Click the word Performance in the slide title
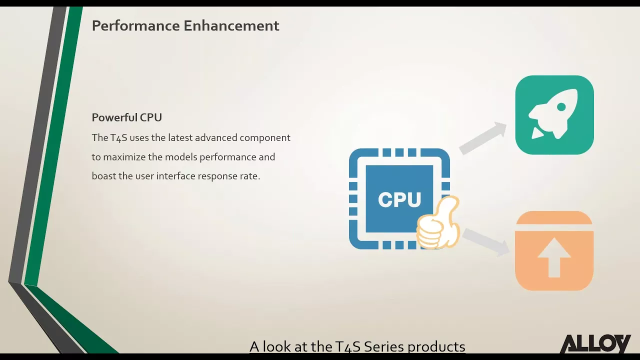(135, 25)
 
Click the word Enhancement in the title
(231, 25)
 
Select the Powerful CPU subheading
(127, 117)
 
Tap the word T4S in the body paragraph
(118, 137)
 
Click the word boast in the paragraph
(103, 176)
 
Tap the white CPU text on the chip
(399, 199)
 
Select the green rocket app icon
(554, 115)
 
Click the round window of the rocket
(561, 107)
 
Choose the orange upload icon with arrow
(554, 251)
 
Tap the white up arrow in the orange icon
(554, 257)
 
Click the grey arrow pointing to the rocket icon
(483, 137)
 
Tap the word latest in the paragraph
(179, 137)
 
